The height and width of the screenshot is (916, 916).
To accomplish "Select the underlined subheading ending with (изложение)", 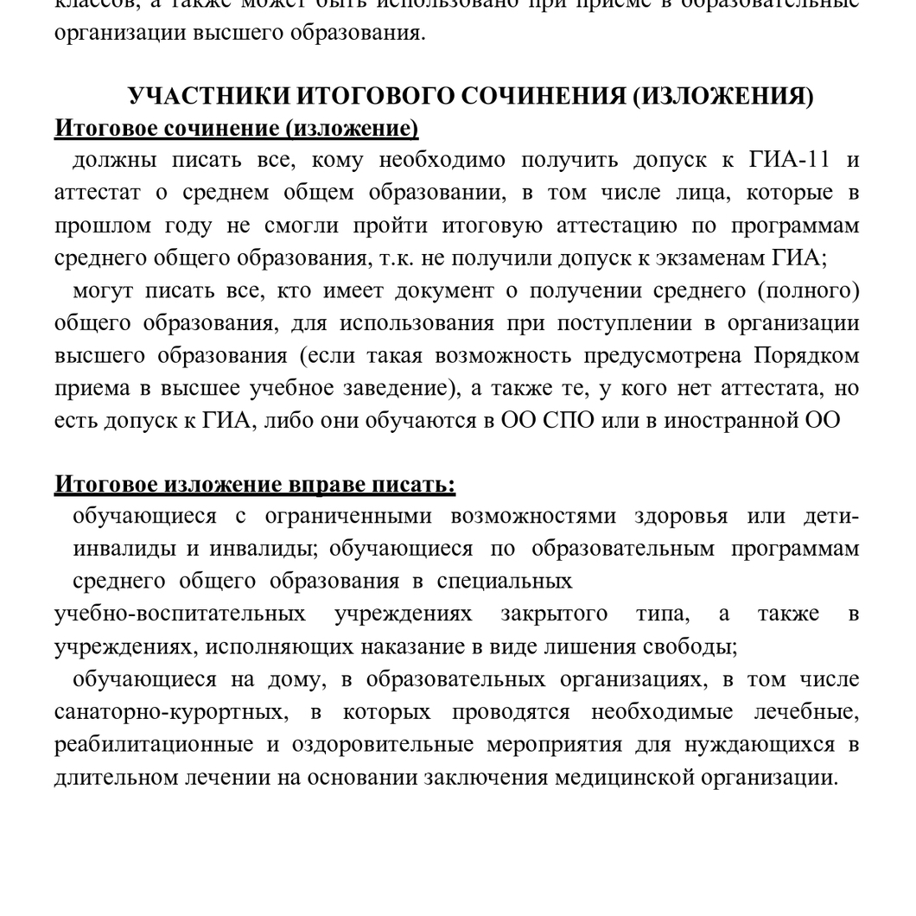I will [x=236, y=129].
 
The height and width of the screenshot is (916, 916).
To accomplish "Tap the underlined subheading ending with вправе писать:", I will [x=255, y=485].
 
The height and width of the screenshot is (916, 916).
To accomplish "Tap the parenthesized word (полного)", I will [x=808, y=290].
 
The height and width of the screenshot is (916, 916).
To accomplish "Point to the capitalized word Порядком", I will [x=806, y=355].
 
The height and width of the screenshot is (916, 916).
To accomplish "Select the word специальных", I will [x=505, y=581].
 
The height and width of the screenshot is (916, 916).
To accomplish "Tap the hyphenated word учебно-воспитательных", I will [x=180, y=614].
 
